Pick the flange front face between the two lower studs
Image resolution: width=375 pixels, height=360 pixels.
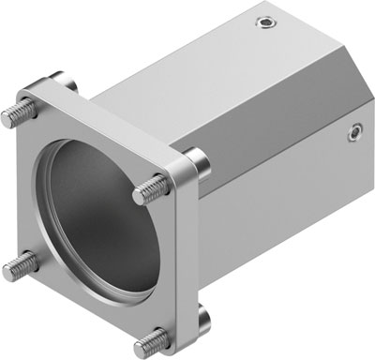(84, 309)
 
